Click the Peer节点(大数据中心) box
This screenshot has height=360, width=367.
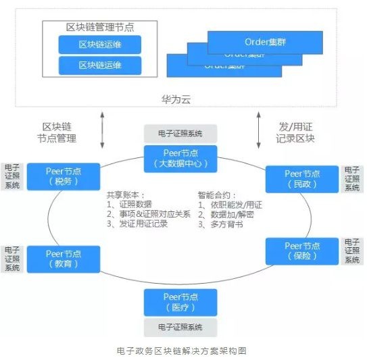coord(180,158)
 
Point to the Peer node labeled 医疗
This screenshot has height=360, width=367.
coord(180,302)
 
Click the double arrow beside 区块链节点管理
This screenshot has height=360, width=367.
coord(102,131)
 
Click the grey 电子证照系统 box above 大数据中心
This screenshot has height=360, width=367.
coord(180,133)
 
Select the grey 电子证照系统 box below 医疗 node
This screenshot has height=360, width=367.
coord(180,328)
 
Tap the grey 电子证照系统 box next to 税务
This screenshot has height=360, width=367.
coord(11,176)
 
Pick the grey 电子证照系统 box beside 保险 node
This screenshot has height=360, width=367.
coord(352,251)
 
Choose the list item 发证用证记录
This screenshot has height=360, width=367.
coord(141,224)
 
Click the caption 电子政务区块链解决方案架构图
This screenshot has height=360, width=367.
coord(180,351)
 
